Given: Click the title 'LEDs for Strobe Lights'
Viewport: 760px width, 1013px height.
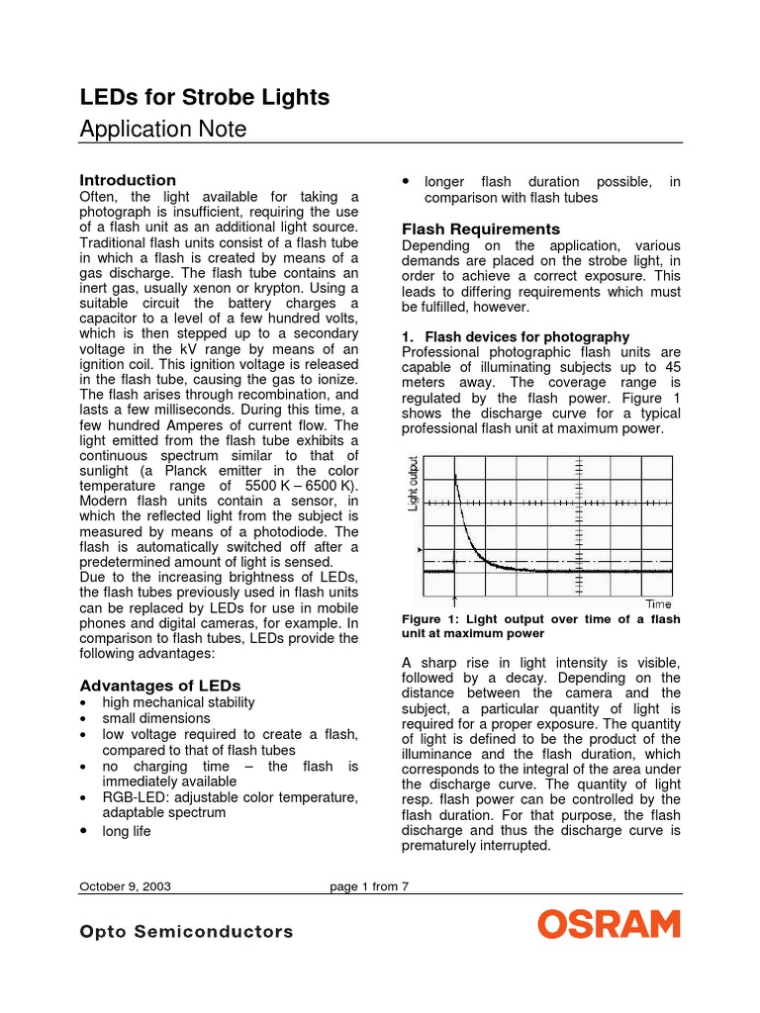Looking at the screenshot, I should [204, 97].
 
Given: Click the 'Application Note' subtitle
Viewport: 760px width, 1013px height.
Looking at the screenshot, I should [162, 130].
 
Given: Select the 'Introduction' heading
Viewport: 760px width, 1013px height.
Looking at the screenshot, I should [128, 180].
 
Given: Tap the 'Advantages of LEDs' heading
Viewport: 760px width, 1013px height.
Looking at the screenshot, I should [159, 686].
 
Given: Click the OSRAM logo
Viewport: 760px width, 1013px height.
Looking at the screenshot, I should [609, 925].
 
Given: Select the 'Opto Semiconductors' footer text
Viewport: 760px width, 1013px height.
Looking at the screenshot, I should [186, 932].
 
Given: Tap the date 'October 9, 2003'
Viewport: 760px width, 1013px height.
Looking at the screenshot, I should [125, 886].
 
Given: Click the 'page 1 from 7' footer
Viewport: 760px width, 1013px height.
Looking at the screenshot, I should [369, 886].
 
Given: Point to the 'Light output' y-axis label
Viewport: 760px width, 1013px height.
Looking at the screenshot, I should [414, 484].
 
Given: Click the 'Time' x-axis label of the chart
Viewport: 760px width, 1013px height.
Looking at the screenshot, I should [658, 603].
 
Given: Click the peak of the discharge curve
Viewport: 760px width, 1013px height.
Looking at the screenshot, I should [455, 476].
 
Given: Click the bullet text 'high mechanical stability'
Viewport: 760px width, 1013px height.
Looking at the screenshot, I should [179, 702].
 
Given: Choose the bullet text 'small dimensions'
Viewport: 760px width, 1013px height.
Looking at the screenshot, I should [156, 718].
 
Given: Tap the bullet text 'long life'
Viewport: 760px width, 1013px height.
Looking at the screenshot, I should [127, 831].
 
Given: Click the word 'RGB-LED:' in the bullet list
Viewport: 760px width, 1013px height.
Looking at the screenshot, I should [135, 797].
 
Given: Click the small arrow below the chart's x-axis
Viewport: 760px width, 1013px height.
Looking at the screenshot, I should [453, 599].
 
